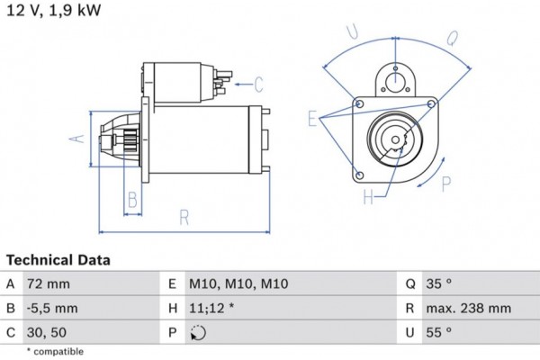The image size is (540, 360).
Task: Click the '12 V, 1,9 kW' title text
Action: pyautogui.click(x=53, y=10)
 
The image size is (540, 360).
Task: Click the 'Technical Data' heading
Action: pyautogui.click(x=58, y=260)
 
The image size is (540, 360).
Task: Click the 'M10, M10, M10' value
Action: pyautogui.click(x=238, y=283)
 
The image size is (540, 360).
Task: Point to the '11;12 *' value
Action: pyautogui.click(x=213, y=309)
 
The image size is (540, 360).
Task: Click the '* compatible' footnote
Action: pyautogui.click(x=55, y=351)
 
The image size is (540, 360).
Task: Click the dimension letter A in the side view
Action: pyautogui.click(x=77, y=138)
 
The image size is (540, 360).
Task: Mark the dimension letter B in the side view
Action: pyautogui.click(x=131, y=199)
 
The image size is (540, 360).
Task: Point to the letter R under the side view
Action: pyautogui.click(x=184, y=216)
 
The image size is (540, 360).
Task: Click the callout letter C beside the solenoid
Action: pyautogui.click(x=257, y=85)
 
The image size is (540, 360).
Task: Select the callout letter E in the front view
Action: pyautogui.click(x=311, y=118)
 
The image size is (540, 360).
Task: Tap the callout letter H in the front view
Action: pyautogui.click(x=368, y=195)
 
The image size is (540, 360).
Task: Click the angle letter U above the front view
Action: pyautogui.click(x=352, y=34)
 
